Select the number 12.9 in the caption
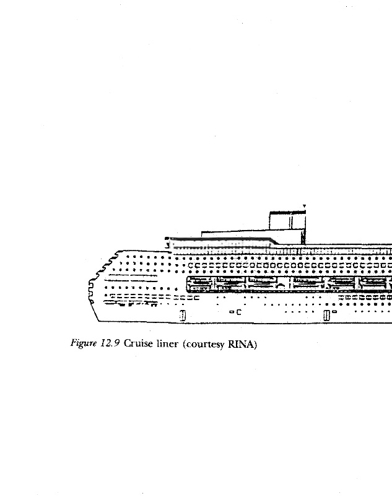pyautogui.click(x=110, y=344)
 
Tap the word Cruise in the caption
pyautogui.click(x=137, y=344)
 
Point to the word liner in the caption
pyautogui.click(x=165, y=344)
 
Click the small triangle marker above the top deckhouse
pyautogui.click(x=304, y=206)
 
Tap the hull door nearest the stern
pyautogui.click(x=182, y=316)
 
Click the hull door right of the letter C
pyautogui.click(x=326, y=316)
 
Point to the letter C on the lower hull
pyautogui.click(x=238, y=312)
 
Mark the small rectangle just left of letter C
pyautogui.click(x=231, y=312)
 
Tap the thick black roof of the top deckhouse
pyautogui.click(x=287, y=213)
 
